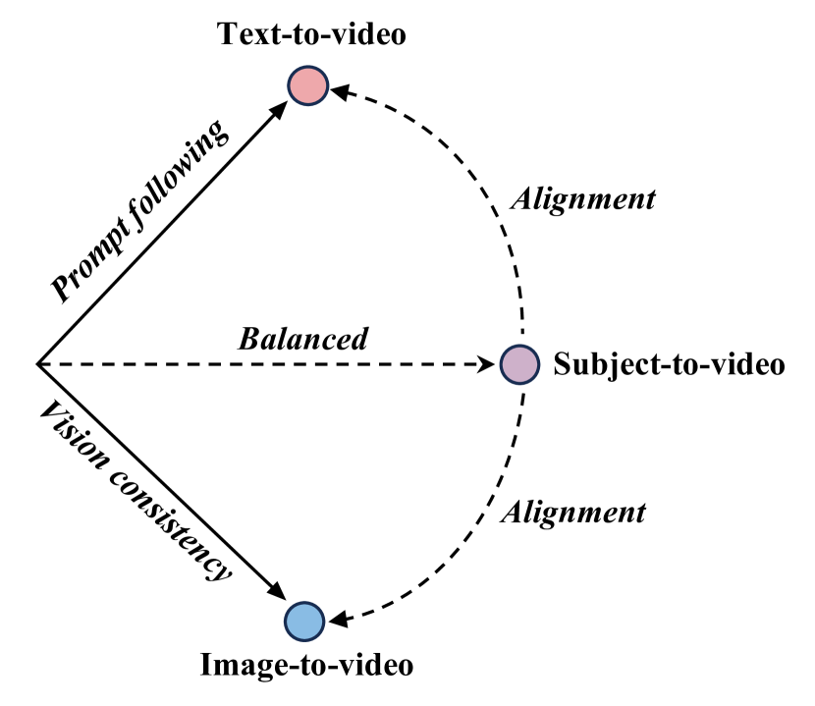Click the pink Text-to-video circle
pos(307,85)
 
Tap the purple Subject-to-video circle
pos(518,364)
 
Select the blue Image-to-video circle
pos(304,621)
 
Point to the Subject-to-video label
pos(670,365)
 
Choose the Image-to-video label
pos(307,666)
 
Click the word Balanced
pos(304,340)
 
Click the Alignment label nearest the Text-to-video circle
pos(585,199)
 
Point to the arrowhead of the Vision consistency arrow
pos(279,597)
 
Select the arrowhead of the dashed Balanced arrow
pos(489,364)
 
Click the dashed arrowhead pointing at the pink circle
pos(337,91)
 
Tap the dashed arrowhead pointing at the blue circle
pos(334,618)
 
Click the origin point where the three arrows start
pos(37,364)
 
